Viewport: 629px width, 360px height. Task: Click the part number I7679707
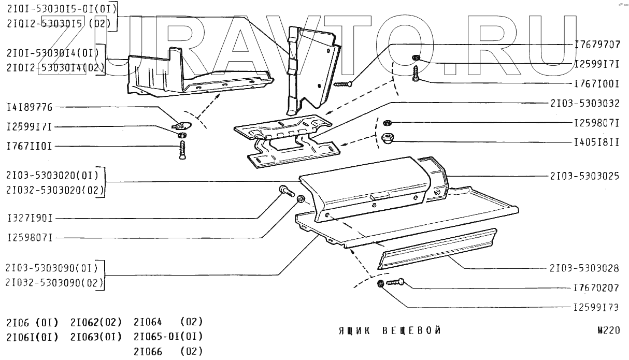pos(597,45)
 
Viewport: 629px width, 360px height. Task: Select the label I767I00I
pos(597,83)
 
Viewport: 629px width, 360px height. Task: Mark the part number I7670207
pos(597,287)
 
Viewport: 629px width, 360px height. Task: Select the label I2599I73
pos(597,307)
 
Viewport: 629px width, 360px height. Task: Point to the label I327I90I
pos(30,218)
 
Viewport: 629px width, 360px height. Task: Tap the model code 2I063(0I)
pos(95,337)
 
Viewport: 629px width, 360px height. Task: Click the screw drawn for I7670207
pos(395,283)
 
